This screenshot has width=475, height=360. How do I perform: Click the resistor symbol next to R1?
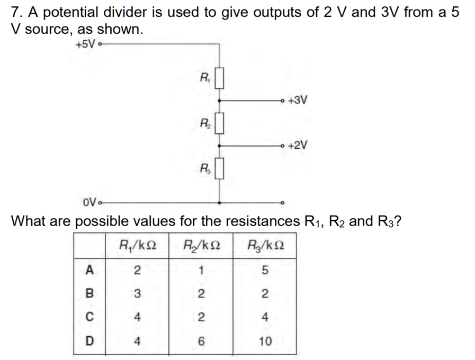[219, 78]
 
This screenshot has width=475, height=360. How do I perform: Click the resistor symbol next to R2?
[219, 123]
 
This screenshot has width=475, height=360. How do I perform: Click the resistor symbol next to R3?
[219, 168]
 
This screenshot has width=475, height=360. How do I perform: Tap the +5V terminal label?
[85, 44]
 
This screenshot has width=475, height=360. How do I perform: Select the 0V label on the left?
[89, 202]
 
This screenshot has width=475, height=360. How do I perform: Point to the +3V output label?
[298, 100]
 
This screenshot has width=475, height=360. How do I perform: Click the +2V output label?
[298, 145]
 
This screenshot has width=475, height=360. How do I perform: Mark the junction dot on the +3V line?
[219, 100]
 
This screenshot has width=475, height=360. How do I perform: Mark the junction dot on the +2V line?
[219, 146]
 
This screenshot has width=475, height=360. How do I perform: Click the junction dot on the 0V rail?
[219, 203]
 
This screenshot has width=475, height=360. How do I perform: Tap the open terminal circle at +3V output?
[283, 100]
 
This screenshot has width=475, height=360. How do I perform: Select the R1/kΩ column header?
[138, 245]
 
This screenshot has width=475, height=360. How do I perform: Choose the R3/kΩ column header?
[266, 245]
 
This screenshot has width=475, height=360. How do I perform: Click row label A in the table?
[89, 269]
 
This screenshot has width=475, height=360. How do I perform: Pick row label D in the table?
[89, 341]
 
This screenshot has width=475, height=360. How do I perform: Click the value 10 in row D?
[265, 341]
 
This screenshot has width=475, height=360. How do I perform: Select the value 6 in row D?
[201, 341]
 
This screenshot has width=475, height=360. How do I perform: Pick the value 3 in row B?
[137, 293]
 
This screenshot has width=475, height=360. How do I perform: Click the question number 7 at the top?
[16, 12]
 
